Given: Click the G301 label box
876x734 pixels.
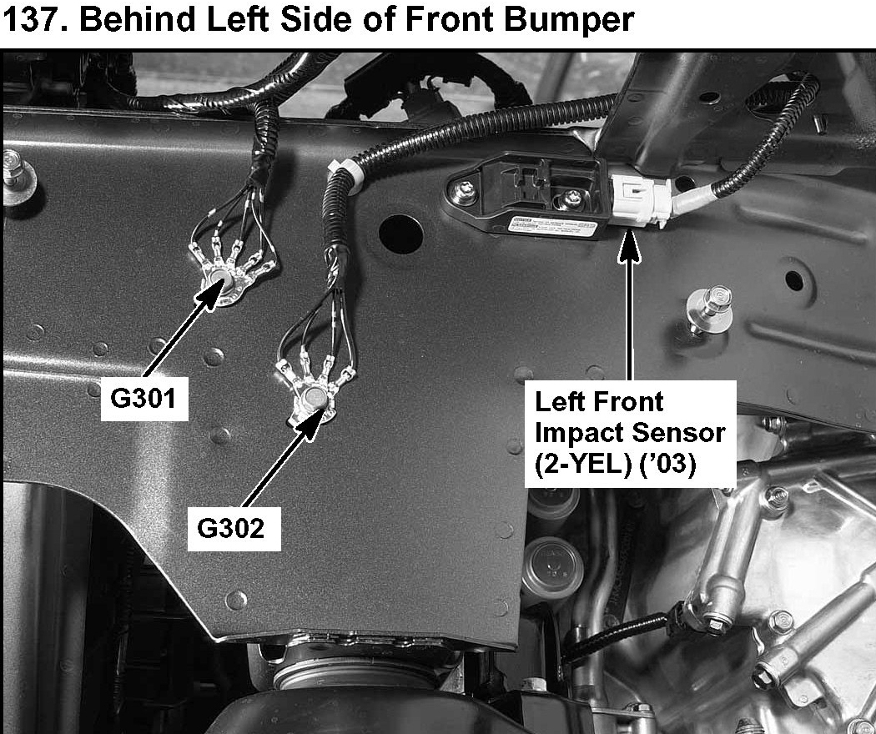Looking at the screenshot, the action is tap(144, 399).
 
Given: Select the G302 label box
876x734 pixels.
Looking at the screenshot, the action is tap(233, 528).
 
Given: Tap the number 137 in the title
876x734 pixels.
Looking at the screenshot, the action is tap(31, 20).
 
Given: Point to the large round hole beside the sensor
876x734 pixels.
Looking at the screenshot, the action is tap(400, 234).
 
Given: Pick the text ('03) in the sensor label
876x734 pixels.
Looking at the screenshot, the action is tap(667, 465).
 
